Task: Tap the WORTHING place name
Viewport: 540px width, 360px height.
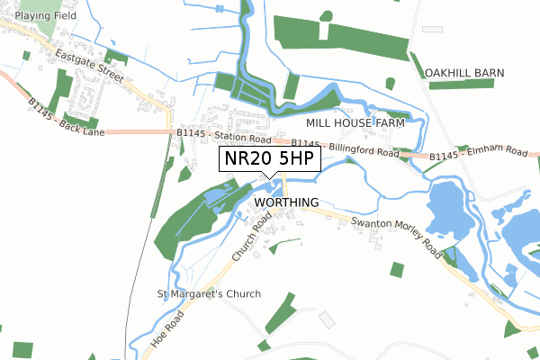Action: point(287,202)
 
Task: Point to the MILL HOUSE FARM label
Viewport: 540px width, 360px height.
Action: point(355,121)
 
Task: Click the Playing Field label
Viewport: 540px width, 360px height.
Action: point(45,16)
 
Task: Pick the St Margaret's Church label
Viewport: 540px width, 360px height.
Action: point(209,294)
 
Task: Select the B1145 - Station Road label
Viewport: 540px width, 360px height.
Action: point(224,135)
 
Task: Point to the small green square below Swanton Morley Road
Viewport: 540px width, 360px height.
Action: point(397,268)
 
